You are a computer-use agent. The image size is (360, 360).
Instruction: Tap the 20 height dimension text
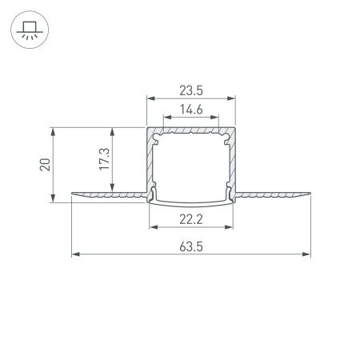coord(46,165)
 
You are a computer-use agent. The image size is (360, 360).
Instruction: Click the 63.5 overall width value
coord(192,247)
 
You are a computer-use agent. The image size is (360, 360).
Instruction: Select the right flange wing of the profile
coord(276,194)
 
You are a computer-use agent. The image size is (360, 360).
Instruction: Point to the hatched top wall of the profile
coord(192,129)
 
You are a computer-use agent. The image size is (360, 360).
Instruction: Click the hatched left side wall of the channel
coord(149,160)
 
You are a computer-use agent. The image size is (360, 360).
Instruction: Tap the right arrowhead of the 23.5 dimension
coord(234,99)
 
